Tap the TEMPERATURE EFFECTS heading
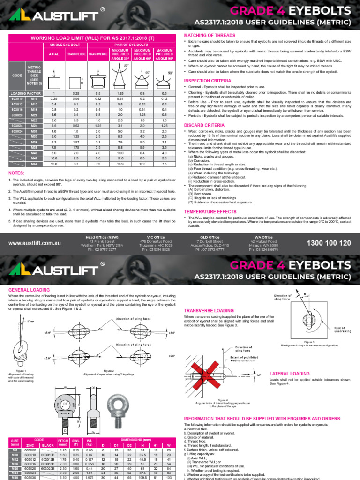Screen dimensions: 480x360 pyautogui.click(x=210, y=212)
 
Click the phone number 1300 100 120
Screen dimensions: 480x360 pyautogui.click(x=328, y=243)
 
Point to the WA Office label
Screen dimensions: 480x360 pyautogui.click(x=263, y=237)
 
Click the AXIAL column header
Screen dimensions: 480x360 pyautogui.click(x=54, y=54)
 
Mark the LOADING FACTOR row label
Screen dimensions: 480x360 pyautogui.click(x=24, y=93)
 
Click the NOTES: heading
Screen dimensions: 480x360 pyautogui.click(x=16, y=173)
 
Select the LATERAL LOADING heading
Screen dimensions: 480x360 pyautogui.click(x=290, y=373)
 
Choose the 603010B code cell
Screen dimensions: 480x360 pyautogui.click(x=48, y=454)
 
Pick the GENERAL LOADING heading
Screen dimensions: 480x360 pyautogui.click(x=29, y=290)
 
